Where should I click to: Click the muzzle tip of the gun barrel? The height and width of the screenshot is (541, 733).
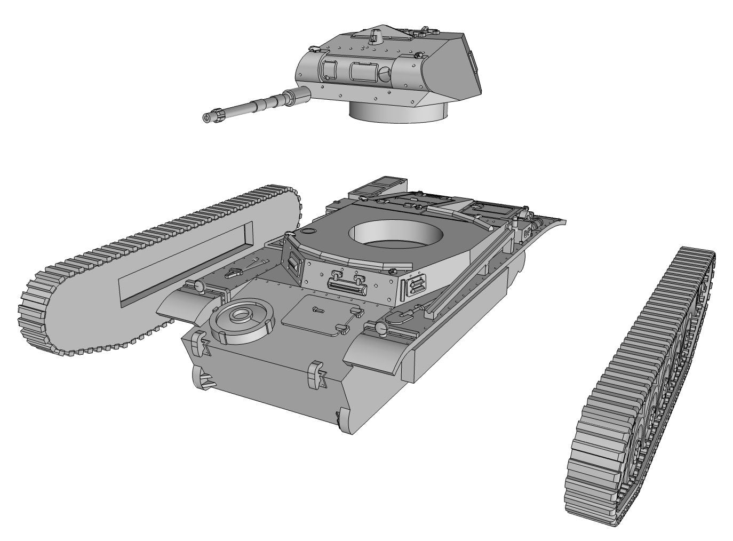(x=207, y=117)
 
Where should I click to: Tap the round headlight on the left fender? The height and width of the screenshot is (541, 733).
(x=199, y=287)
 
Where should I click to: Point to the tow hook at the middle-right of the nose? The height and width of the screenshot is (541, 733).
(x=317, y=373)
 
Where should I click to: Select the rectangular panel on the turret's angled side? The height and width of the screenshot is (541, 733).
(x=472, y=61)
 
